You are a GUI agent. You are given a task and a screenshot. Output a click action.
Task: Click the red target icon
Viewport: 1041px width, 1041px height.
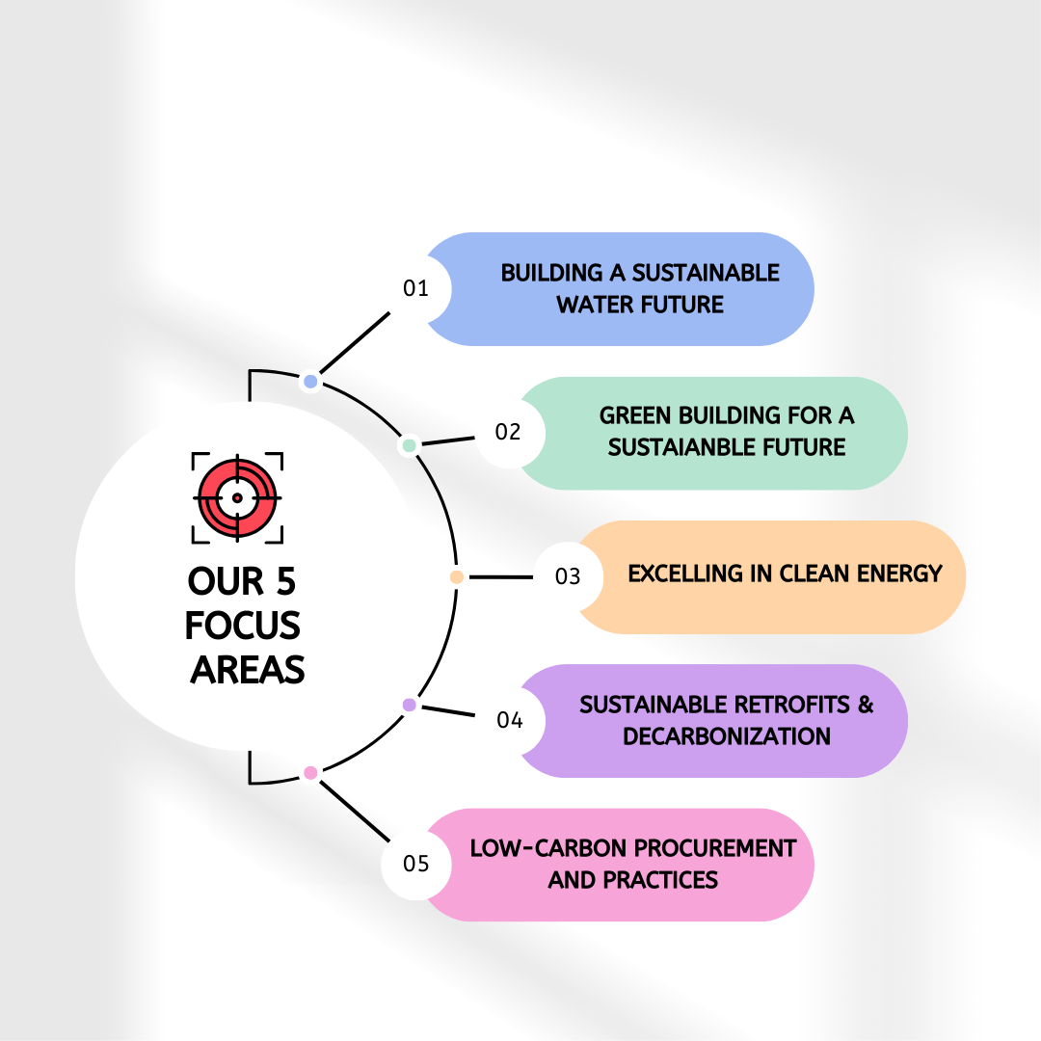point(237,497)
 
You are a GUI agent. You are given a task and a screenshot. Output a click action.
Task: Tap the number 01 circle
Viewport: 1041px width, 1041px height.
point(415,288)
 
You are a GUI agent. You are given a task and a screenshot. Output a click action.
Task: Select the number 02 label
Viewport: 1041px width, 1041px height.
point(508,432)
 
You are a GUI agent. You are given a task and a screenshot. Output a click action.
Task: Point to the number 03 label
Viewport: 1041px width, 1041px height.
point(569,576)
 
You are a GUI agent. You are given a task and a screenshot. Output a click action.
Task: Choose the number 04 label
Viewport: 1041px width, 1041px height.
point(510,720)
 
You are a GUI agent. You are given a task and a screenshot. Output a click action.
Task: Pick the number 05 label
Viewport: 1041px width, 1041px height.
point(415,863)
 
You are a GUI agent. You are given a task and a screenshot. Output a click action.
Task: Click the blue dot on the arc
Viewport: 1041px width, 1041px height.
point(310,382)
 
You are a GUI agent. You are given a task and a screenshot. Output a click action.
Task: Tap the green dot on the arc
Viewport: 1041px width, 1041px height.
point(409,445)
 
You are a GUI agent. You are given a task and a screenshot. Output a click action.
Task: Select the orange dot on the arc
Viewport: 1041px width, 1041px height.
point(457,576)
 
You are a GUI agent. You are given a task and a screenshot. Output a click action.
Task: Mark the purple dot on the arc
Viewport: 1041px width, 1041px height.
point(409,705)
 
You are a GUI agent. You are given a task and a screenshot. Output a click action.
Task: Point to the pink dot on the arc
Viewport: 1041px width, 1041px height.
point(310,772)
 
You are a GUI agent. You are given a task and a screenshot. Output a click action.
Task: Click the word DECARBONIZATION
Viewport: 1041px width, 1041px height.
point(727,736)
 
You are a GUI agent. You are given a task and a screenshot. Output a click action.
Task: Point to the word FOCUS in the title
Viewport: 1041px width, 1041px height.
point(244,626)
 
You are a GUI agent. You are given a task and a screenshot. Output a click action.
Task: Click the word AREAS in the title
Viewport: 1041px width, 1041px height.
point(247,669)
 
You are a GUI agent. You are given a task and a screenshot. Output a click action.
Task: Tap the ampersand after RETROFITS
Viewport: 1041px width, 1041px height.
point(865,704)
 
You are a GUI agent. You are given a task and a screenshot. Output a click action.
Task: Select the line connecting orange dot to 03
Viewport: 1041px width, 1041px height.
point(499,576)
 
